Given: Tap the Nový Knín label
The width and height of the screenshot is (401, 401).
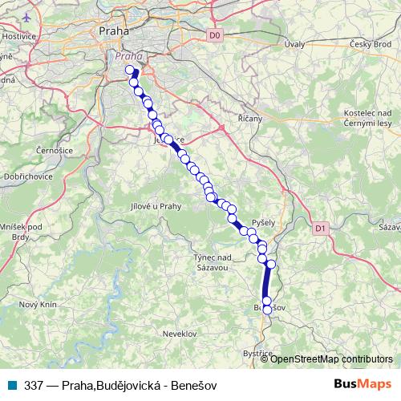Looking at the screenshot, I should tap(38, 304).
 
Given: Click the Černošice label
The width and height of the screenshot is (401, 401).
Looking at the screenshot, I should tap(55, 150).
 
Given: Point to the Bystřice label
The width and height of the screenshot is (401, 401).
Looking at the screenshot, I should tap(257, 353).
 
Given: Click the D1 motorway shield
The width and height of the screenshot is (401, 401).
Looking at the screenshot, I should tap(321, 229).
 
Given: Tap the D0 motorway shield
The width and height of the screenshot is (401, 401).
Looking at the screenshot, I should tap(213, 35).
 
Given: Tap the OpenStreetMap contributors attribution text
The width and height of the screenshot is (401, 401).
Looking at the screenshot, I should tap(331, 358).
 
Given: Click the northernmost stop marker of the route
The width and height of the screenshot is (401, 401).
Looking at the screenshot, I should tap(130, 71).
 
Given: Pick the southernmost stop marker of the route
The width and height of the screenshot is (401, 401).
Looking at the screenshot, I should tap(267, 310).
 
